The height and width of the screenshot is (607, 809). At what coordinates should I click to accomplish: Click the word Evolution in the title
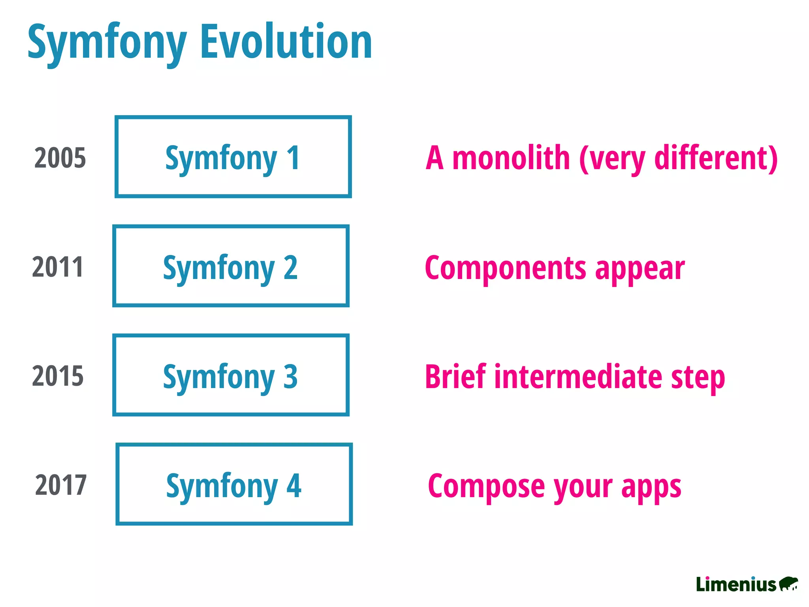(286, 41)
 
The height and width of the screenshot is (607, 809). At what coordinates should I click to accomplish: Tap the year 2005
(60, 158)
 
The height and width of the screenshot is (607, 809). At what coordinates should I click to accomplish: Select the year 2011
(58, 267)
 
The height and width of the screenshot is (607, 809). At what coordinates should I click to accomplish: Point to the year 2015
(58, 376)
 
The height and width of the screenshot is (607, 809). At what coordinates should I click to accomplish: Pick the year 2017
(61, 485)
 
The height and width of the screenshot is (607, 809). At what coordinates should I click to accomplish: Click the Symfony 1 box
(233, 157)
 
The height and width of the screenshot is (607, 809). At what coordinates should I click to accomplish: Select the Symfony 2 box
(231, 266)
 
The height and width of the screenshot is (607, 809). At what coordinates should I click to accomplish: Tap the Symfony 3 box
(231, 375)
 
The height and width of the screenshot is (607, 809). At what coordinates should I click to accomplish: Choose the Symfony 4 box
(234, 484)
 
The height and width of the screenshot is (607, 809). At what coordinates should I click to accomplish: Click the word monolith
(511, 158)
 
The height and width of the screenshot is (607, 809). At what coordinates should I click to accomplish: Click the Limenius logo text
(736, 584)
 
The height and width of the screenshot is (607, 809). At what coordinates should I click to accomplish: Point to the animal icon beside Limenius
(788, 584)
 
